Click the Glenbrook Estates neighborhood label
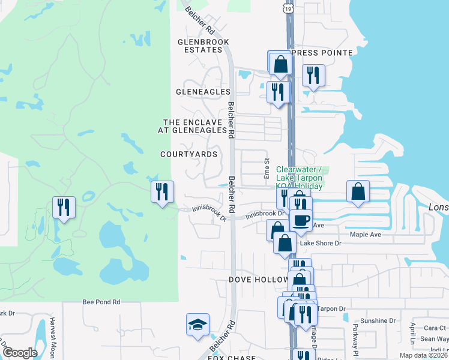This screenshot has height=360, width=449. pos(200,46)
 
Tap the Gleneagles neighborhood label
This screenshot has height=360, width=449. pos(203,92)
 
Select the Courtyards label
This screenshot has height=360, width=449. pos(188,154)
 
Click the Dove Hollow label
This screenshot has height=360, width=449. pos(255,280)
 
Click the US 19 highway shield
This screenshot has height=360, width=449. pos(289,6)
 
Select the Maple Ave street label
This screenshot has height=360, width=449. pos(366,235)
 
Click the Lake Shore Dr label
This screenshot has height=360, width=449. pos(320,243)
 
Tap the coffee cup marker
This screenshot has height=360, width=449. pos(301,220)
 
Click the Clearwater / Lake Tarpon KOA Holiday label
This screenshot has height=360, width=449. pos(299,178)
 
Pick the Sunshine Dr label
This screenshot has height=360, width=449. pos(370,320)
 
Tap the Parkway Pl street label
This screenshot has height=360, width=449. pos(355,339)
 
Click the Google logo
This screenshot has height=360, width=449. pos(20,353)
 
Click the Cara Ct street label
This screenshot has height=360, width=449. pos(435,328)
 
